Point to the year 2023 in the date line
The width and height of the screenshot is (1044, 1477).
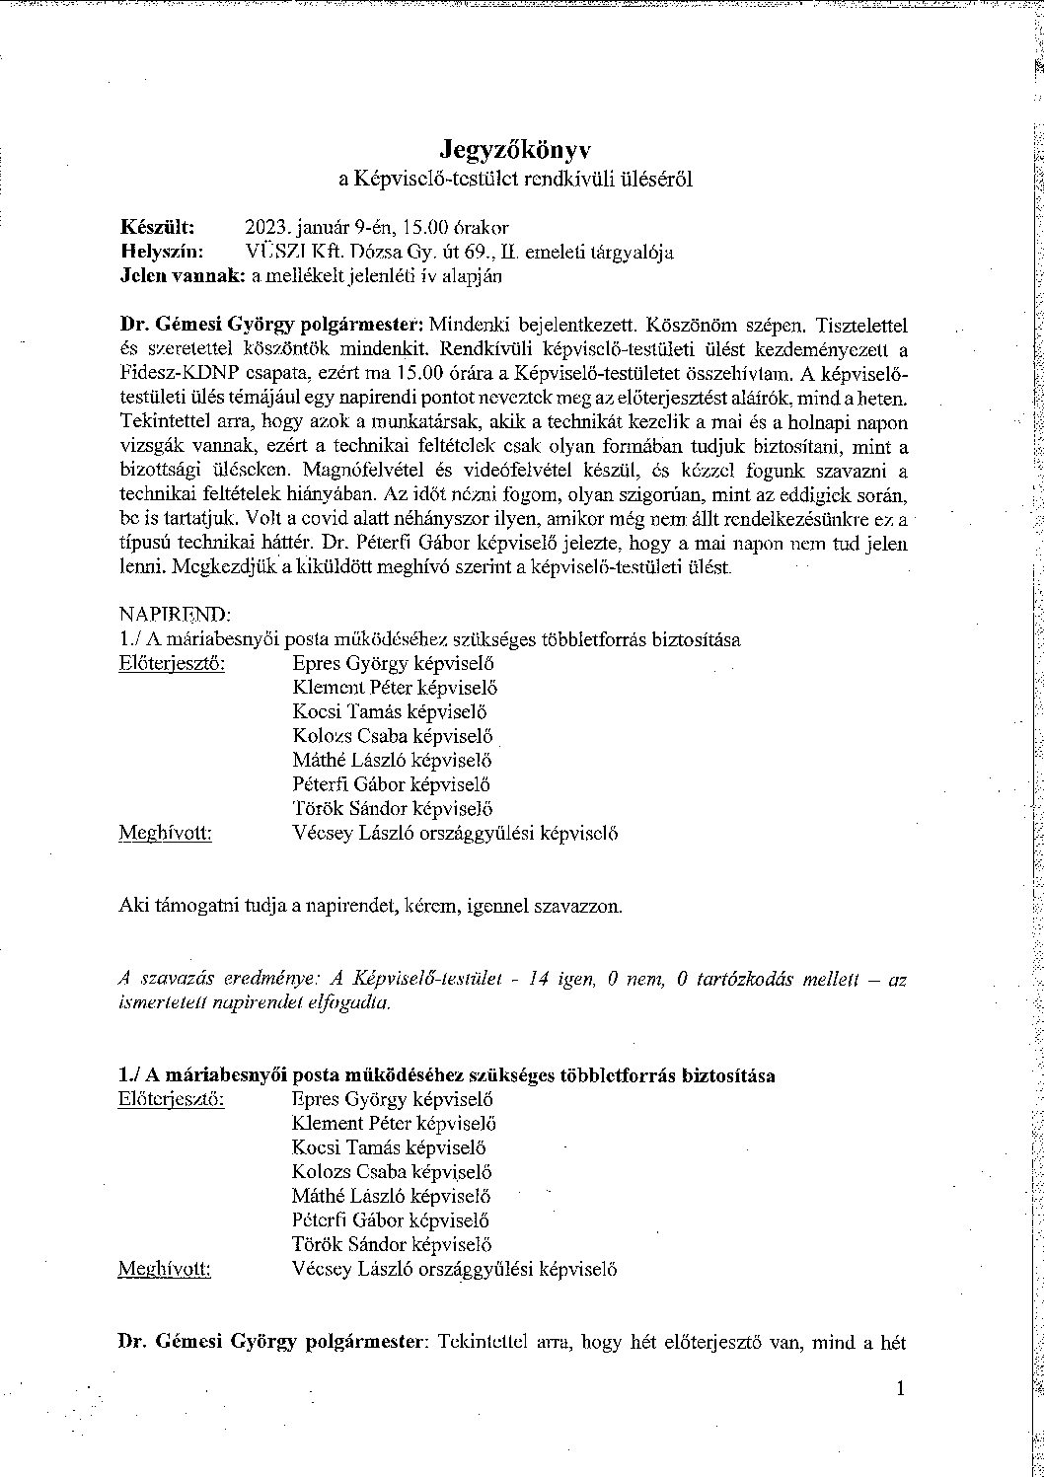[x=263, y=227]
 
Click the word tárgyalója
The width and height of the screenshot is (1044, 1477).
[x=632, y=252]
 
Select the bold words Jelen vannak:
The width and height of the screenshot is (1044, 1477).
[x=182, y=276]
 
